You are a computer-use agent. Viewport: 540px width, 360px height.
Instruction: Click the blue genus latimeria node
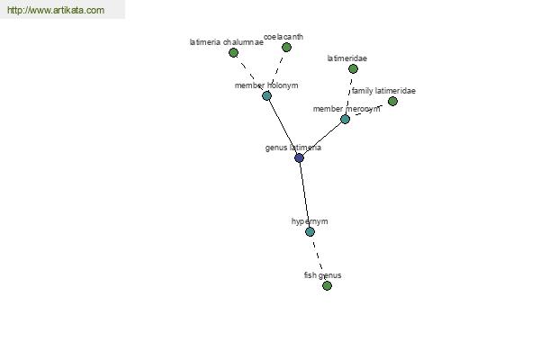pyautogui.click(x=299, y=157)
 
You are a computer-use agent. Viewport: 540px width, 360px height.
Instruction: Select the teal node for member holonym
pyautogui.click(x=266, y=95)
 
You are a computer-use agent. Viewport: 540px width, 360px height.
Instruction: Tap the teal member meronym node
pyautogui.click(x=345, y=119)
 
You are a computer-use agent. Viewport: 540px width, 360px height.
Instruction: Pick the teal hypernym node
pyautogui.click(x=310, y=231)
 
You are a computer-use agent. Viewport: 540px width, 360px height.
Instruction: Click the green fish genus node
pyautogui.click(x=327, y=285)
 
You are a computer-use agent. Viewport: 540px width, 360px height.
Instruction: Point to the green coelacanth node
pyautogui.click(x=286, y=47)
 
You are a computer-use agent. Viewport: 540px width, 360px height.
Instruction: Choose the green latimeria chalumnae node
pyautogui.click(x=233, y=53)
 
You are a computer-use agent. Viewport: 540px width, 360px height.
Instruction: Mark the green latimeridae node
pyautogui.click(x=353, y=69)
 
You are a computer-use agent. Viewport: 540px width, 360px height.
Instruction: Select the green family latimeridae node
pyautogui.click(x=392, y=101)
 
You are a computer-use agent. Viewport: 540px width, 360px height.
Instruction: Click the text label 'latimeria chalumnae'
pyautogui.click(x=227, y=42)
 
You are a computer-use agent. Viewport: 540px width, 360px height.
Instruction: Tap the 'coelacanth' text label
pyautogui.click(x=283, y=37)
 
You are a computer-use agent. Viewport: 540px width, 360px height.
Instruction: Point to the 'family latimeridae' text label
pyautogui.click(x=383, y=91)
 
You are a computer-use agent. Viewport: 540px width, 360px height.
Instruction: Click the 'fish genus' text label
pyautogui.click(x=323, y=275)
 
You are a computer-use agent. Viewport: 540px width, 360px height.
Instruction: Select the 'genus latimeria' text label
pyautogui.click(x=293, y=148)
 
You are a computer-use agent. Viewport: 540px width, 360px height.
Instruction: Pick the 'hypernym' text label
pyautogui.click(x=310, y=221)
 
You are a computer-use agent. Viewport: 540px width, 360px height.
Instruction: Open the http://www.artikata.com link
pyautogui.click(x=56, y=10)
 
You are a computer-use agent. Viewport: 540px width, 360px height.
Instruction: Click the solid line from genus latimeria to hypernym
pyautogui.click(x=304, y=194)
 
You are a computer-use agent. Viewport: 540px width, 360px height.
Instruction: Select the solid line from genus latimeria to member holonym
pyautogui.click(x=283, y=127)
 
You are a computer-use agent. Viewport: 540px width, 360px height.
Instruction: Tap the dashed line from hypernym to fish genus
pyautogui.click(x=319, y=258)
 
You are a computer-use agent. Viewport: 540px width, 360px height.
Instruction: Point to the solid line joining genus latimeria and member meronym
pyautogui.click(x=322, y=139)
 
